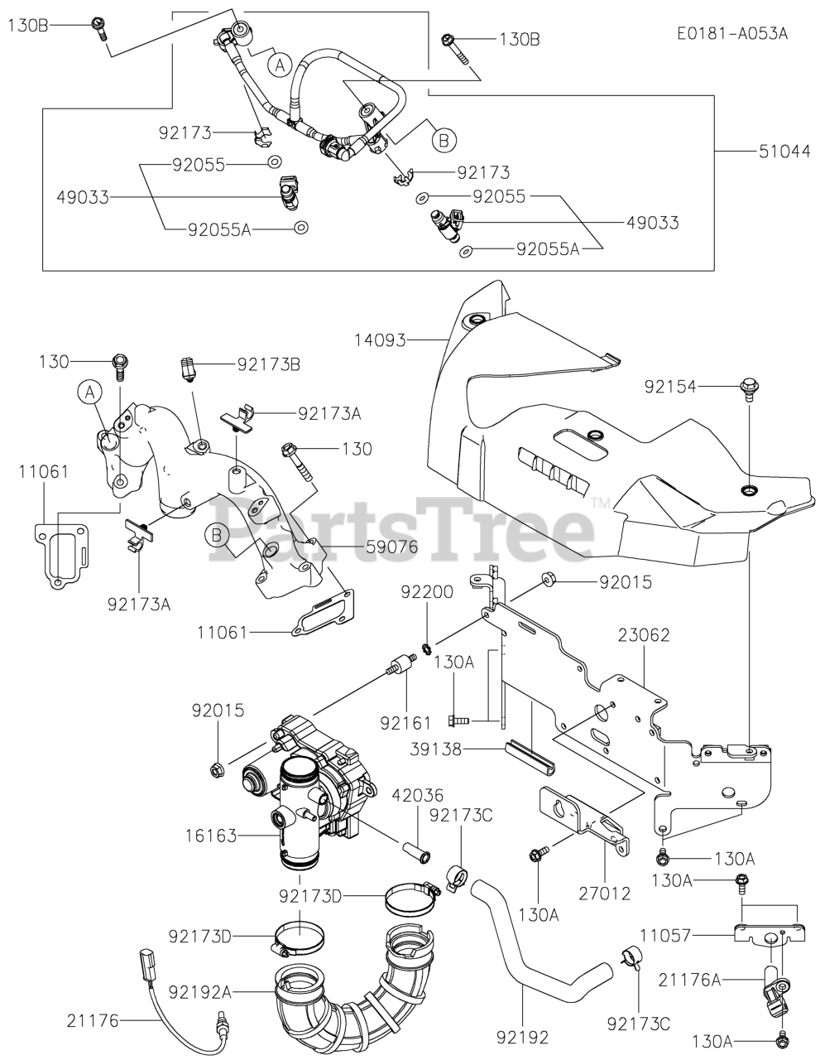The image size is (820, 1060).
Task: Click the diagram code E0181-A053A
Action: tap(731, 34)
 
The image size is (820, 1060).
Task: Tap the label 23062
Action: tap(643, 636)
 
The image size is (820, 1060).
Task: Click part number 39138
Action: tap(435, 749)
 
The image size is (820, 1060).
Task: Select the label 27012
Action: tap(604, 894)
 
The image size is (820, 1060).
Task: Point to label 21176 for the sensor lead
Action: tap(94, 1022)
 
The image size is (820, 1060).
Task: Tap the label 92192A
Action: tap(201, 990)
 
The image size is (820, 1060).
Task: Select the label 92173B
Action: tap(268, 364)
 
